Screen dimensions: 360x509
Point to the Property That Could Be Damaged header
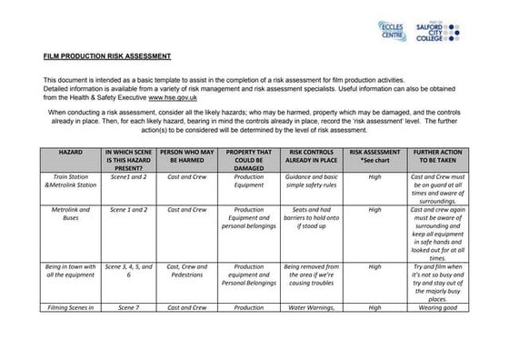(x=249, y=156)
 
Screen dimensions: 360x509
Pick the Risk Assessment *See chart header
(x=374, y=152)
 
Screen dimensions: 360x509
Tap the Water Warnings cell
(x=313, y=308)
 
